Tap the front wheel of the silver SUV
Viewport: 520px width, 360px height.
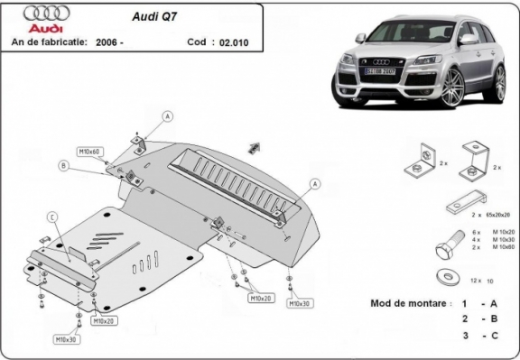450,88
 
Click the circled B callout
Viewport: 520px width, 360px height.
63,165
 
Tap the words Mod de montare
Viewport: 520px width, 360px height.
408,303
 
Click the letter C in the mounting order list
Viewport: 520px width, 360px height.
496,335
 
